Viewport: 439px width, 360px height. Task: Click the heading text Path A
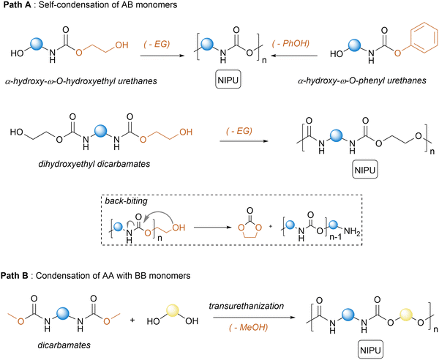point(20,7)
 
